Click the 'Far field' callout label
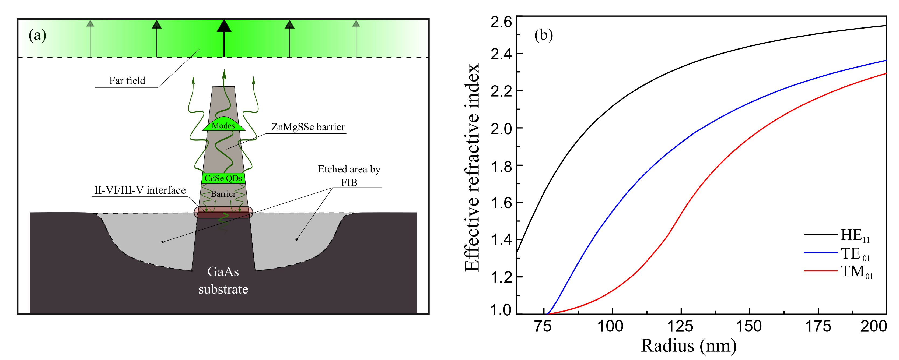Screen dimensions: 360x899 click(127, 80)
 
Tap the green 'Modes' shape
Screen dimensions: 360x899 click(223, 125)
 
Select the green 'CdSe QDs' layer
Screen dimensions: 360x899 click(223, 178)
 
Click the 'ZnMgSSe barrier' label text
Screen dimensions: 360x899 click(308, 127)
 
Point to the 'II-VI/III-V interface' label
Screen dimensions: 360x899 click(140, 190)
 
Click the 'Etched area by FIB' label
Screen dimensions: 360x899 click(349, 175)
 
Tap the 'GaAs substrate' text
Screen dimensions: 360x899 click(223, 280)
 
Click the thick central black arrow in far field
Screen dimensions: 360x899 click(224, 38)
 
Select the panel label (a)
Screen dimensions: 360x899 click(37, 35)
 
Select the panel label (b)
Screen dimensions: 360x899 click(543, 35)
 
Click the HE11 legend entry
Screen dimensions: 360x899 click(855, 235)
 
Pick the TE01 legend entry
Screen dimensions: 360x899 click(855, 254)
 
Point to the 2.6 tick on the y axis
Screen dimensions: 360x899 click(501, 22)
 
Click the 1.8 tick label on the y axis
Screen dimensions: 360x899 click(501, 166)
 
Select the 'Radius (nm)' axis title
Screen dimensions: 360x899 click(688, 346)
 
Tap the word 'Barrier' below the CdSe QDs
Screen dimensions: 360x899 click(223, 194)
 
